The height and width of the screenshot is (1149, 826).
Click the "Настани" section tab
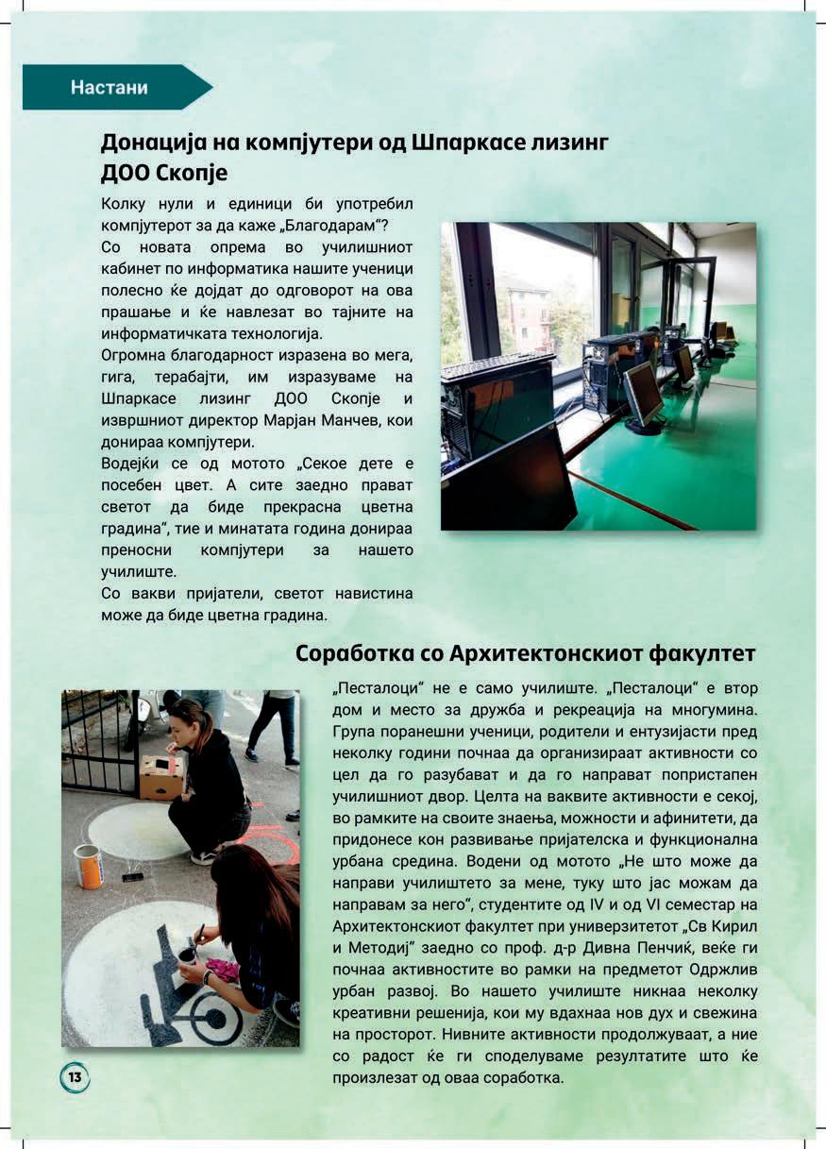pos(110,88)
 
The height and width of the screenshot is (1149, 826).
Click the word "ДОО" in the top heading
pos(131,174)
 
